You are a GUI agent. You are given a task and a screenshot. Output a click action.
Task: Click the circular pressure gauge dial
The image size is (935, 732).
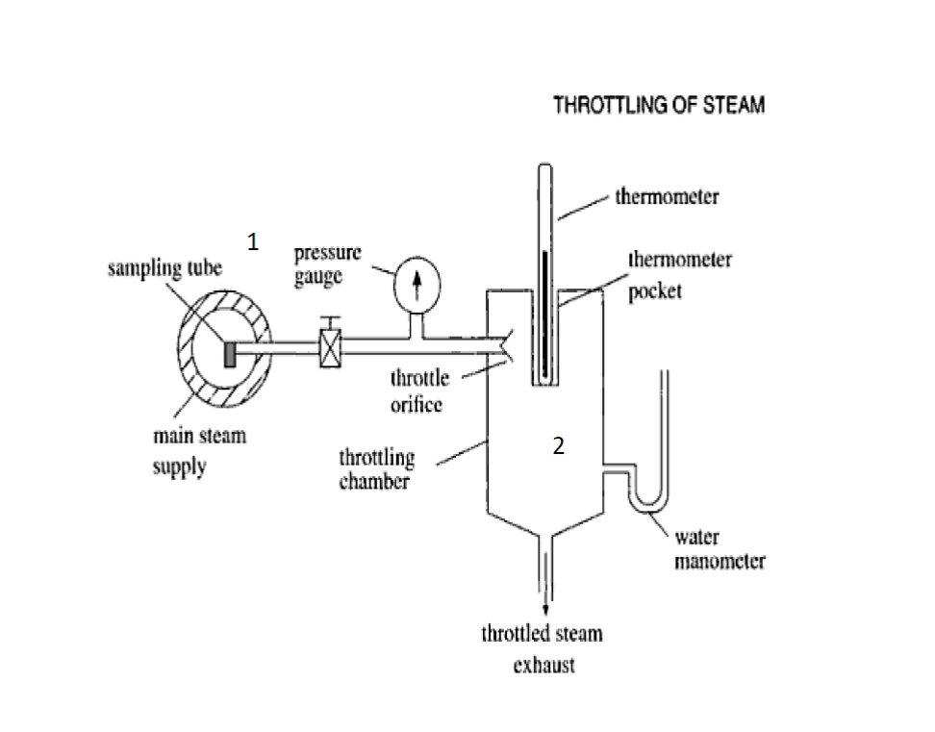pyautogui.click(x=417, y=282)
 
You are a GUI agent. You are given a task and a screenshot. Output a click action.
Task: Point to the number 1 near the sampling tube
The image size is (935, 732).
pyautogui.click(x=252, y=242)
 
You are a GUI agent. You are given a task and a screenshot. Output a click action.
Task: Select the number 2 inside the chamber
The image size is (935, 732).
pyautogui.click(x=557, y=444)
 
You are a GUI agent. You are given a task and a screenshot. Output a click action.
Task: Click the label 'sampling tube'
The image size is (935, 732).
pyautogui.click(x=164, y=268)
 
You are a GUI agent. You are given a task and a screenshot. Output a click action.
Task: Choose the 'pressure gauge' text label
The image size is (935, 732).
pyautogui.click(x=328, y=264)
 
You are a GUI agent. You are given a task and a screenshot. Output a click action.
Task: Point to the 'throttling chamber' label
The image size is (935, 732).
pyautogui.click(x=376, y=468)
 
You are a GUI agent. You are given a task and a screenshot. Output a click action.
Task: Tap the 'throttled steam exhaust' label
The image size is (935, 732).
pyautogui.click(x=543, y=648)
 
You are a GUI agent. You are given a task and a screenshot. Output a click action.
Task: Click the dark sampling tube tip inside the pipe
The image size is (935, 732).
pyautogui.click(x=231, y=353)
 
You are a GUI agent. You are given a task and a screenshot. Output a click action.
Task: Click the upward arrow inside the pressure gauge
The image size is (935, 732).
pyautogui.click(x=417, y=282)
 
